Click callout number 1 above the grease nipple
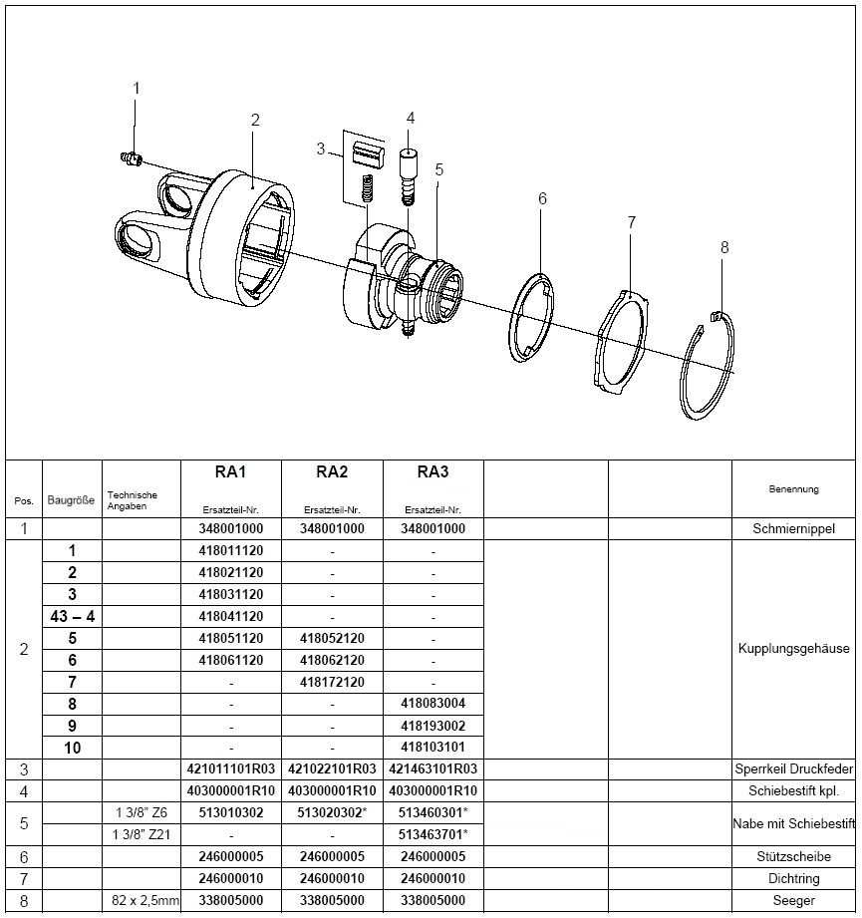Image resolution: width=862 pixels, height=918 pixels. [138, 89]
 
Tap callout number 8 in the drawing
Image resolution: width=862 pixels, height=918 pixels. [724, 247]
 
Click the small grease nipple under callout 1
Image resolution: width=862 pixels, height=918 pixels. [129, 156]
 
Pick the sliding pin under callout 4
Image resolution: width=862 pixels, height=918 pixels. [408, 170]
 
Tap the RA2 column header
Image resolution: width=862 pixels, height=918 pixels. [332, 471]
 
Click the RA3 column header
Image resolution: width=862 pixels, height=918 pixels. [432, 471]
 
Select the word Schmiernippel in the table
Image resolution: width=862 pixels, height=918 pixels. [794, 529]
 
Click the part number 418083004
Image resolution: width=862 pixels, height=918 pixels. [432, 703]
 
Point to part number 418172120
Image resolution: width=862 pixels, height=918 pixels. [332, 682]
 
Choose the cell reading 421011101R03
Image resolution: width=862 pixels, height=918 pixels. [231, 768]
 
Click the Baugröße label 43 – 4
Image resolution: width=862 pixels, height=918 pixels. [72, 616]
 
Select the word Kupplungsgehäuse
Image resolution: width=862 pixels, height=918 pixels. [794, 649]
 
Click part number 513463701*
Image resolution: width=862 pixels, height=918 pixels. [432, 834]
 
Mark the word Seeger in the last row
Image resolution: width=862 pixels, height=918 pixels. [794, 900]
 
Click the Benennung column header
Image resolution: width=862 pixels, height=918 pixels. [794, 489]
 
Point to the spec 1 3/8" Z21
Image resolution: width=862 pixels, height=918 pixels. [141, 834]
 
